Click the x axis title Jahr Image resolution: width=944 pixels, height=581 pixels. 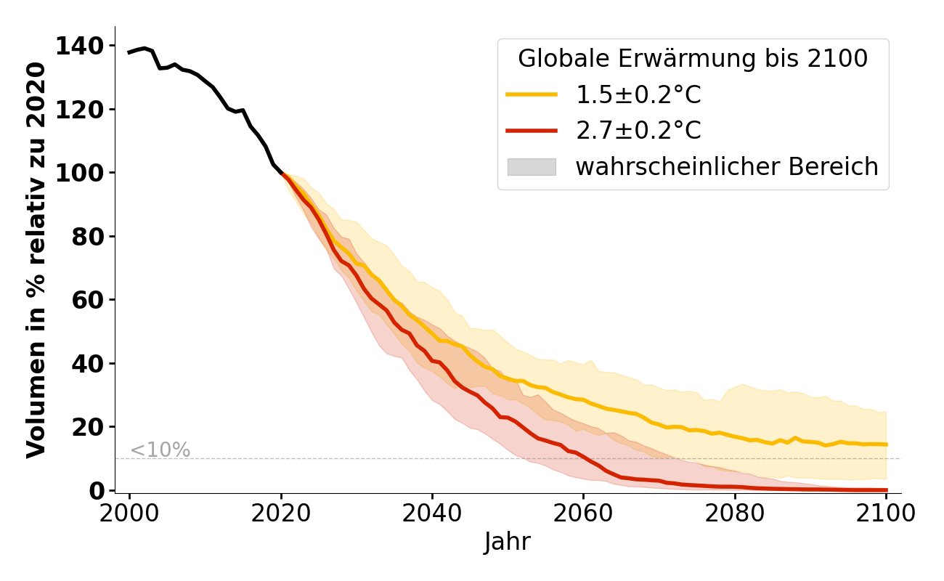tap(508, 542)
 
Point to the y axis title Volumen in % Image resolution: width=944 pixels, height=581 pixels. tap(36, 260)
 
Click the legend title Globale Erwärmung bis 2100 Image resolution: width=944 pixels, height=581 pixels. tap(693, 59)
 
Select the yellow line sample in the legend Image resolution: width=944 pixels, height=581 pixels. tap(532, 94)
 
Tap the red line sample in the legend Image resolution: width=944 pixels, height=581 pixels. tap(532, 131)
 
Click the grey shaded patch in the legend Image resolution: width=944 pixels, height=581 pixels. tap(532, 167)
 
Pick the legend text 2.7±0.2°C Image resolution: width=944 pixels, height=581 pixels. tap(639, 131)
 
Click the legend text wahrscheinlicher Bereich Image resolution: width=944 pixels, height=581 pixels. tap(727, 167)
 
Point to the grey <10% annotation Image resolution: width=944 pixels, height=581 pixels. tap(160, 450)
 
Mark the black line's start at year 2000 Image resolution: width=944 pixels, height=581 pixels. tap(129, 52)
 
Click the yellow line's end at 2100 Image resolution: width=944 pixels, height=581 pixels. tap(886, 444)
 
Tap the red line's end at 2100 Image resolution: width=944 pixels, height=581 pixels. tap(886, 490)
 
